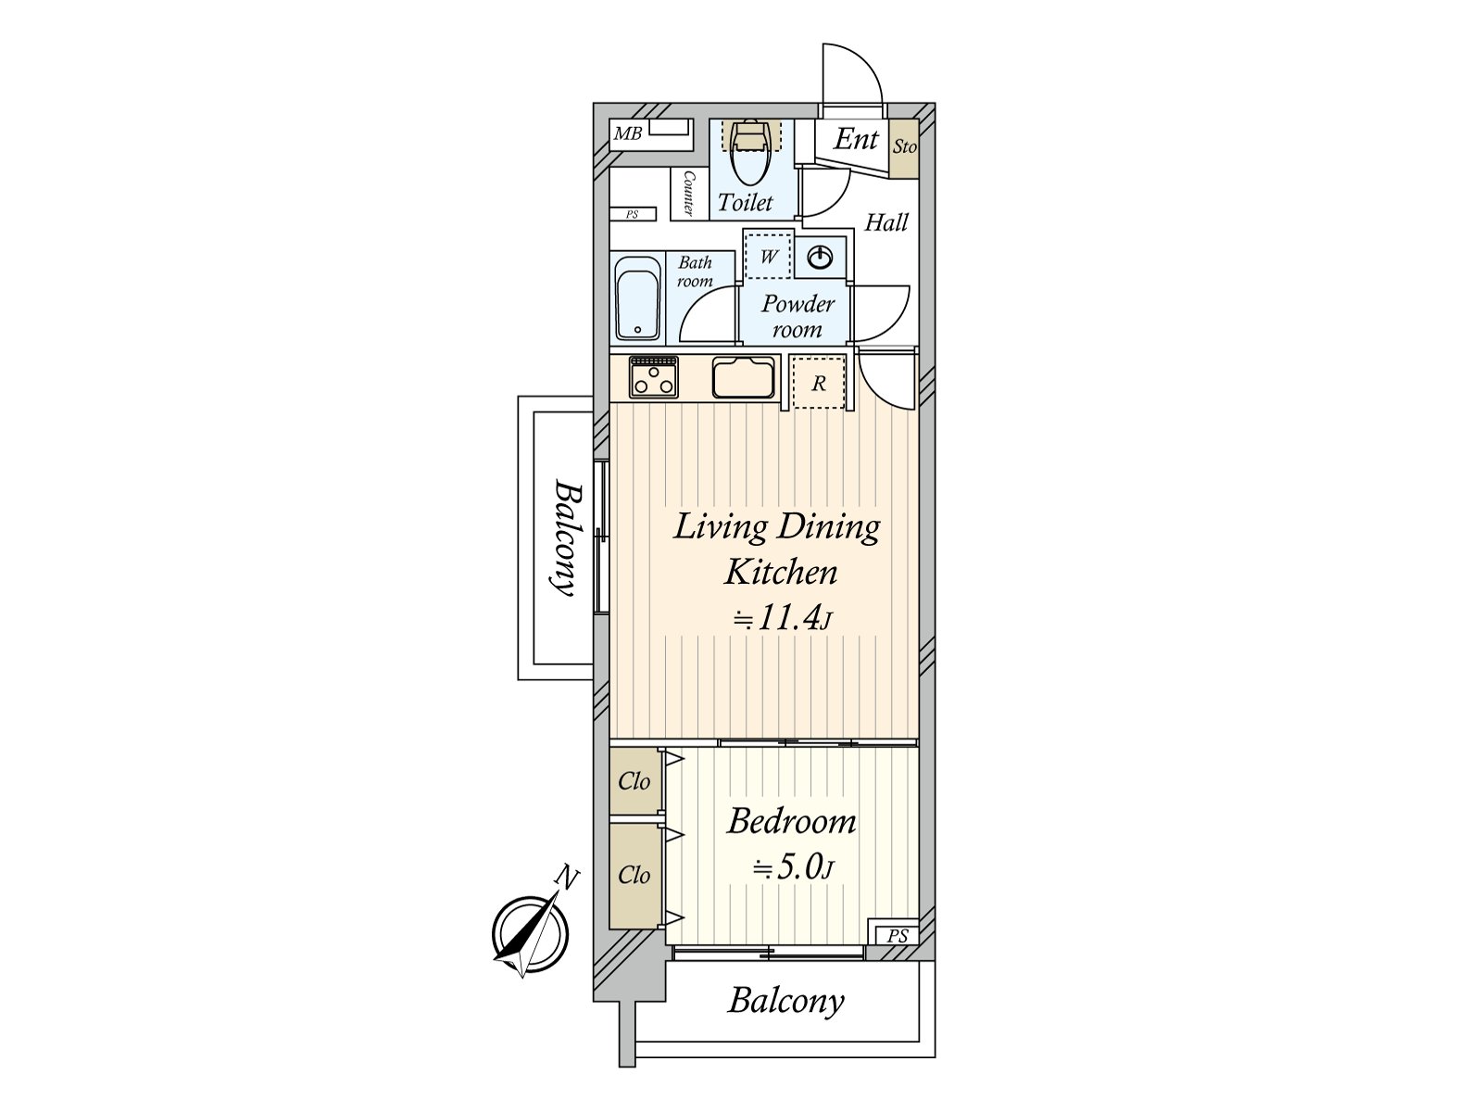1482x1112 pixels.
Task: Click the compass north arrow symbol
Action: point(529,934)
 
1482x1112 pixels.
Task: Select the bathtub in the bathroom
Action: point(637,297)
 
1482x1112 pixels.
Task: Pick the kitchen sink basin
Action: point(743,377)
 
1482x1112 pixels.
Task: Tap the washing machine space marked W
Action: point(768,255)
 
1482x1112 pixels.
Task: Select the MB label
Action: point(627,133)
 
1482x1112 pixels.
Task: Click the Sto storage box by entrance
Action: point(904,148)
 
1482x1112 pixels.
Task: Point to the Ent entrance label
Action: point(856,139)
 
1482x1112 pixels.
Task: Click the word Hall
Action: point(886,222)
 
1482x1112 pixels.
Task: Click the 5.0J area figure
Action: point(794,867)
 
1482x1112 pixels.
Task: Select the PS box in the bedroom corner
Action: point(897,935)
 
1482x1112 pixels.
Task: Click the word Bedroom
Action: point(791,822)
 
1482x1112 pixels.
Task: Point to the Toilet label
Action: point(745,202)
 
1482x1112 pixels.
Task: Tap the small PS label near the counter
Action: point(632,215)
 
